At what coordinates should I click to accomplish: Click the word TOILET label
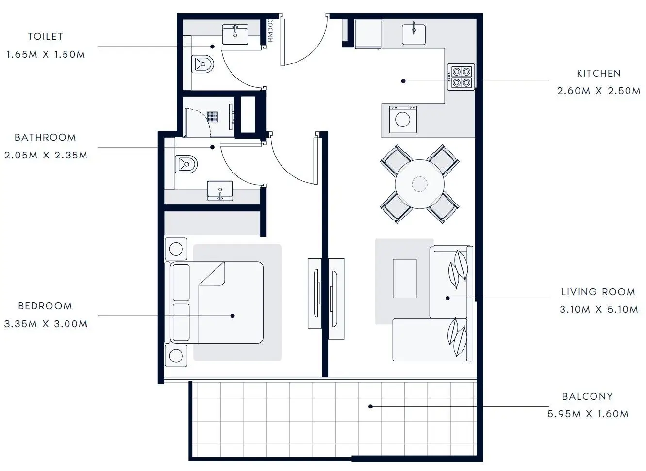click(x=45, y=36)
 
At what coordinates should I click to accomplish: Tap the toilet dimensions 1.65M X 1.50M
click(x=46, y=54)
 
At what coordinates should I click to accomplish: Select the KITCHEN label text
click(x=599, y=74)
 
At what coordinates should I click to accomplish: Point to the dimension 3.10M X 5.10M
click(x=599, y=309)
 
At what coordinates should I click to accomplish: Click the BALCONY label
click(x=587, y=396)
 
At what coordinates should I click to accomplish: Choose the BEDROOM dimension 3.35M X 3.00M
click(x=46, y=324)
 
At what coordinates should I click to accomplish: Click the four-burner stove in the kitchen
click(x=461, y=77)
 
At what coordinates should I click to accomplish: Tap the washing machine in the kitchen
click(x=403, y=119)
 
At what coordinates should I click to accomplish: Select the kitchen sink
click(x=414, y=34)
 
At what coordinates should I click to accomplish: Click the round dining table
click(x=420, y=184)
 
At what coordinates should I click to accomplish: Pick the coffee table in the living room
click(x=405, y=279)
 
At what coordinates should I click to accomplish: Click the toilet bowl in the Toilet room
click(x=202, y=64)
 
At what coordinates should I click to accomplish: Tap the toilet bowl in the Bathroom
click(x=186, y=164)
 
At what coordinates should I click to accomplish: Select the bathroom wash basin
click(x=220, y=190)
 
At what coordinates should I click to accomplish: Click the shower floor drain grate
click(x=212, y=117)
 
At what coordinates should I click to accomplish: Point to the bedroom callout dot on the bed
click(x=232, y=316)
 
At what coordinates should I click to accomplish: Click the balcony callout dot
click(x=371, y=407)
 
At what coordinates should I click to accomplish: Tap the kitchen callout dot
click(x=403, y=81)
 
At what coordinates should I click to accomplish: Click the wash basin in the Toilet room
click(x=235, y=34)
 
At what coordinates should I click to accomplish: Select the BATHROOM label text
click(x=45, y=137)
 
